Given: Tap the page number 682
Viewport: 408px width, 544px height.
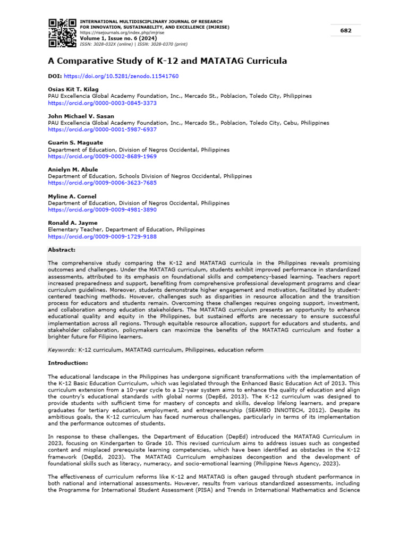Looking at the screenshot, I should point(346,31).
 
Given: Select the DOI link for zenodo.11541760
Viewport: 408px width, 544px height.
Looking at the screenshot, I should point(121,76).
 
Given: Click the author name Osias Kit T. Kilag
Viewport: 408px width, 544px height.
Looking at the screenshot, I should point(73,89).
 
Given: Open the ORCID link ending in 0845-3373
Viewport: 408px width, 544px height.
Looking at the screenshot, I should point(103,103).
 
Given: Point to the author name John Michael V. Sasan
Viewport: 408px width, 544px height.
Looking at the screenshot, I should point(81,116).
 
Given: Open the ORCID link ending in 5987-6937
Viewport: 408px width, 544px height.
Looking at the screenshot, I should point(103,130).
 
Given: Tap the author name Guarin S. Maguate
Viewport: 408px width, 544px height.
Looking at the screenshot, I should point(75,143).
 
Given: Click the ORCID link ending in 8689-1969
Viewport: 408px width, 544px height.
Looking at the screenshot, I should point(103,157).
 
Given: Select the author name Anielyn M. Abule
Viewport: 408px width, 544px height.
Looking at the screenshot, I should point(73,169).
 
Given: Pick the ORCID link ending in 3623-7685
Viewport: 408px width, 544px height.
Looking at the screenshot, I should point(103,183).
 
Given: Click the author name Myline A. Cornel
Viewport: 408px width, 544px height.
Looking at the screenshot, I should point(72,197).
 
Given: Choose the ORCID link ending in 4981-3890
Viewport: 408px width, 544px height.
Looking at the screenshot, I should point(103,210).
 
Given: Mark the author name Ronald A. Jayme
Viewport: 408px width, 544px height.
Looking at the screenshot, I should point(73,223).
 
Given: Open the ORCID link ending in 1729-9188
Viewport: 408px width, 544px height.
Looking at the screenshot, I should point(103,236).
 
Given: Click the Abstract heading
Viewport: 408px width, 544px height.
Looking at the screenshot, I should point(62,250).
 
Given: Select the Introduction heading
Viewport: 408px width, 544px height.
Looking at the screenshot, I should point(68,363).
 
